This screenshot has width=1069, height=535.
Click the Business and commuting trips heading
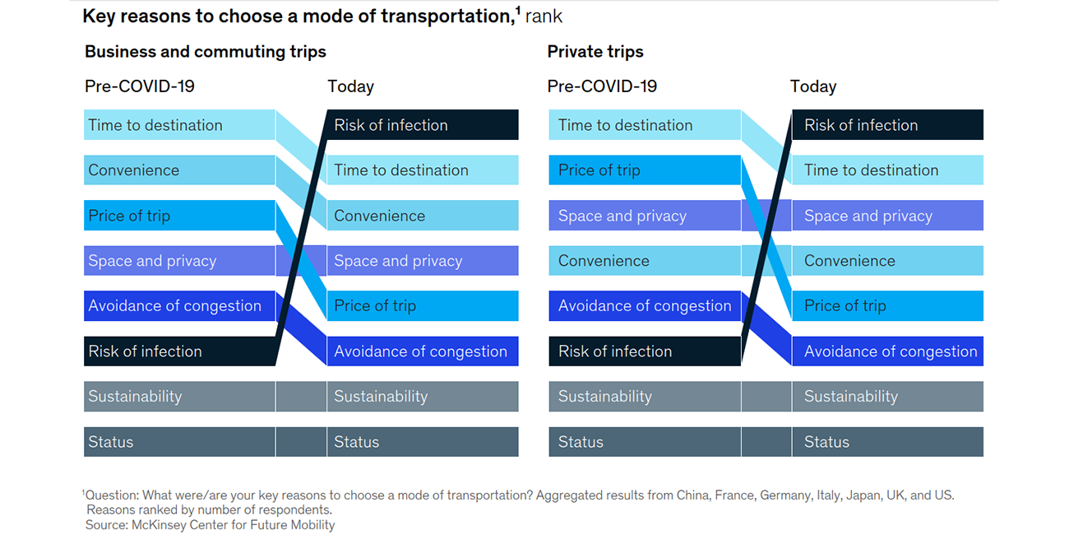206,52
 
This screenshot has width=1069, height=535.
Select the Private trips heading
595,52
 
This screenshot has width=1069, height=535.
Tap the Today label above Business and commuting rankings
351,86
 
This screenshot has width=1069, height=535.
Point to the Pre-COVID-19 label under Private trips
602,86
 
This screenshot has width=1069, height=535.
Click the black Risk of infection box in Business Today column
423,124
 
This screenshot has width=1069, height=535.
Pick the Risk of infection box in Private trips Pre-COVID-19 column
645,351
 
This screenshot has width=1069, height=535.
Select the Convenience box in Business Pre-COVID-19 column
179,170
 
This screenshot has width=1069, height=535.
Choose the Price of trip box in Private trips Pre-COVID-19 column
645,170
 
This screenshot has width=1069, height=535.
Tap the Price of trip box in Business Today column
423,305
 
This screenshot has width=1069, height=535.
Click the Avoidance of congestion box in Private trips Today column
887,351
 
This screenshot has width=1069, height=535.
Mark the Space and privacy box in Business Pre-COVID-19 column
179,261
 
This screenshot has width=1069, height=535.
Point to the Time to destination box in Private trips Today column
887,170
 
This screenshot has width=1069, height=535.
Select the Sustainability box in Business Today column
423,397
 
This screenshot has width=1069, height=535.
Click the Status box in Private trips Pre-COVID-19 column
645,442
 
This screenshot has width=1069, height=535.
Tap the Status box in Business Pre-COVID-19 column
179,442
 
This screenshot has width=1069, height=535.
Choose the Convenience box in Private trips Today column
887,261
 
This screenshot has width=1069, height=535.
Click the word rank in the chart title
544,16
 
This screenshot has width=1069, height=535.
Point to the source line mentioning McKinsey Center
210,525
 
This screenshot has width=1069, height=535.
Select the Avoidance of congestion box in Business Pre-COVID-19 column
179,305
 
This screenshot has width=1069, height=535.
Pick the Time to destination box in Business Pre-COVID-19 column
179,124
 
